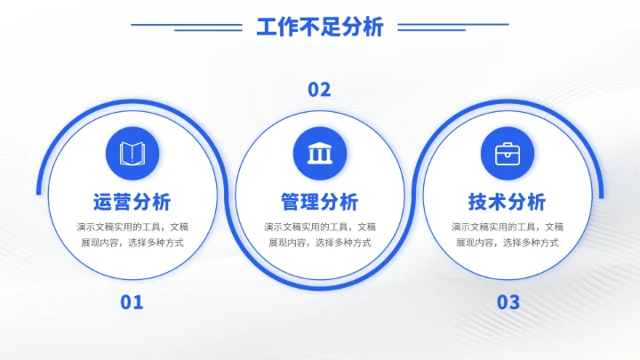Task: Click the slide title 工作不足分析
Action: pyautogui.click(x=319, y=27)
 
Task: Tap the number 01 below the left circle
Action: pyautogui.click(x=132, y=302)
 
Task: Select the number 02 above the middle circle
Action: pyautogui.click(x=319, y=89)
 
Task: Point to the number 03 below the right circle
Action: pyautogui.click(x=508, y=302)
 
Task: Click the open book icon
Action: pyautogui.click(x=132, y=153)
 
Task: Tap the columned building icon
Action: pyautogui.click(x=319, y=153)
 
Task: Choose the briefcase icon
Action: pyautogui.click(x=508, y=153)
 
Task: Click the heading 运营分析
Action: pyautogui.click(x=132, y=201)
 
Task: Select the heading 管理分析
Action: pyautogui.click(x=319, y=201)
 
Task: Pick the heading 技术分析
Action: pyautogui.click(x=508, y=201)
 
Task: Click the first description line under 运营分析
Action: pyautogui.click(x=132, y=227)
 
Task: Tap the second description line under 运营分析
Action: pyautogui.click(x=132, y=243)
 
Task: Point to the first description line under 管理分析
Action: pyautogui.click(x=319, y=227)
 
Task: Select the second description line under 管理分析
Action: pyautogui.click(x=319, y=243)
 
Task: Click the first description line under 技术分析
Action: pyautogui.click(x=508, y=227)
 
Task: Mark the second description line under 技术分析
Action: pyautogui.click(x=508, y=243)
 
